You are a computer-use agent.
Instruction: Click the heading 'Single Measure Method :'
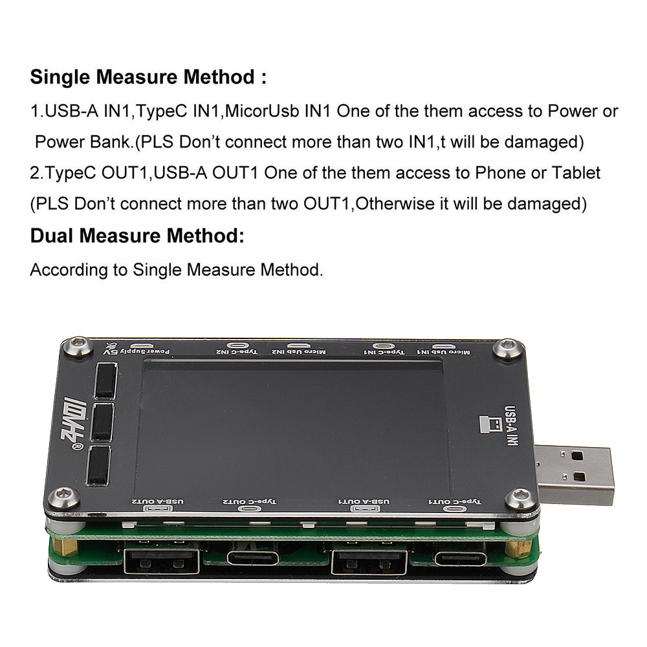(148, 78)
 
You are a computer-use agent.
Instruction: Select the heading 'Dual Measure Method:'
(137, 236)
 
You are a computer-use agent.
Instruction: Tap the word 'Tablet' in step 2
(575, 173)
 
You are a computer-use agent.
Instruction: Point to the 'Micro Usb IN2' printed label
(298, 351)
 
